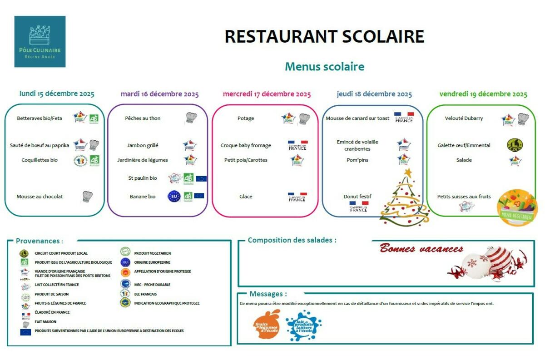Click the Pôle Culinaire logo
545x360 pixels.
(40, 42)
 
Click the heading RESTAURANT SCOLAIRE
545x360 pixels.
(324, 36)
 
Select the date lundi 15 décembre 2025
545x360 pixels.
(57, 94)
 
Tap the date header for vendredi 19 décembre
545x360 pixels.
(483, 94)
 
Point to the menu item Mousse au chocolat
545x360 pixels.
(40, 197)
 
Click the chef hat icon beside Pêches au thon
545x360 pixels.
(191, 118)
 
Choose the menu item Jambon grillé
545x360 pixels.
(143, 145)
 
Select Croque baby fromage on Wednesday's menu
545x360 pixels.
(246, 145)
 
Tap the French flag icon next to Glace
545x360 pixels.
(297, 197)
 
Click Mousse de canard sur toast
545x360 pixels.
(357, 118)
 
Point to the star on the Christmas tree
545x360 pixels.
(408, 173)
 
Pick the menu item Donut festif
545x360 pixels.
(357, 197)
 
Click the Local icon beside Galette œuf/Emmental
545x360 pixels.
(515, 145)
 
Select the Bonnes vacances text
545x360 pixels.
(421, 249)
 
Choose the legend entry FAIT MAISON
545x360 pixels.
(45, 321)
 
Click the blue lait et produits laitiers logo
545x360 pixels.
(303, 325)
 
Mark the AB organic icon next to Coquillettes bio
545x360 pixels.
(94, 160)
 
